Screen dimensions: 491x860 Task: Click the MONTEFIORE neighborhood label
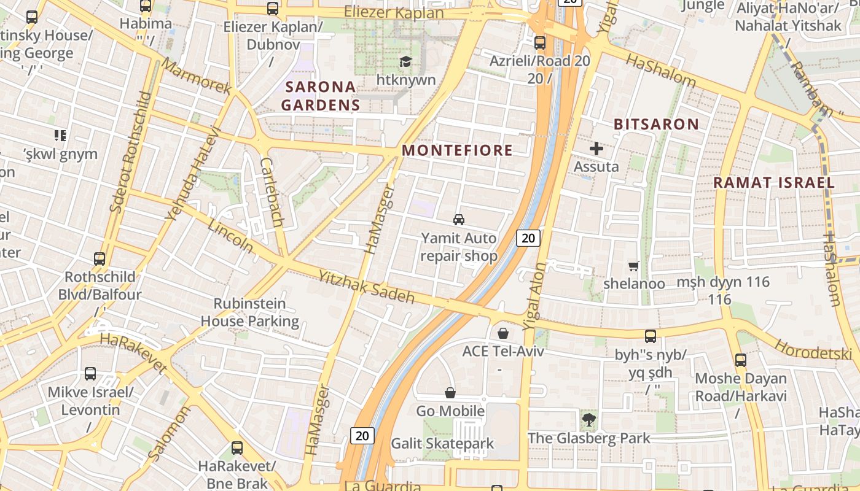pos(457,150)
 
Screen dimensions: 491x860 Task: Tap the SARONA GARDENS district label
pos(320,96)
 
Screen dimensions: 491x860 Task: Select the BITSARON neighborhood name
pos(656,124)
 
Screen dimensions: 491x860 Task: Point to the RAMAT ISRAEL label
pos(773,182)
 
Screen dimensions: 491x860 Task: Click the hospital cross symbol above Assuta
pos(596,148)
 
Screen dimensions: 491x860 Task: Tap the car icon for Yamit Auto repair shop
pos(458,219)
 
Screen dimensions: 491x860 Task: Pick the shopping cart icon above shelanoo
pos(633,266)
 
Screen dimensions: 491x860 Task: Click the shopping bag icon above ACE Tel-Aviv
pos(503,333)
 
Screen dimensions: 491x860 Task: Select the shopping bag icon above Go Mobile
pos(450,393)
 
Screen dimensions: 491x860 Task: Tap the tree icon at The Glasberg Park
pos(588,420)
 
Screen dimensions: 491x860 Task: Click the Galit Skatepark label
pos(442,443)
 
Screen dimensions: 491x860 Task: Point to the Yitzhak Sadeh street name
pos(366,287)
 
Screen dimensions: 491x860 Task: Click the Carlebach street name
pos(271,192)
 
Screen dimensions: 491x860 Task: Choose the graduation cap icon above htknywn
pos(405,61)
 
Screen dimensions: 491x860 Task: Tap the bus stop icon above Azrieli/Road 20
pos(540,42)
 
